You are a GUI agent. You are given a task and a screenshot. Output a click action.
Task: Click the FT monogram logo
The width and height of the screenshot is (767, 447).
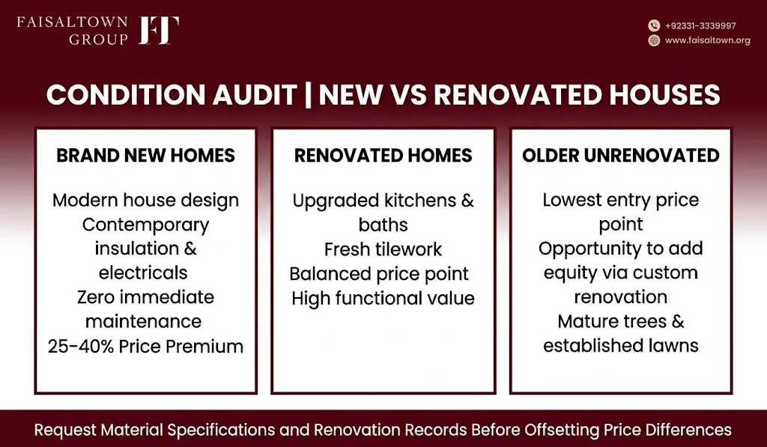[159, 30]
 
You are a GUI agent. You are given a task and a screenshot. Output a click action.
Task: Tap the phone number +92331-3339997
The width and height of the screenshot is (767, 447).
[700, 26]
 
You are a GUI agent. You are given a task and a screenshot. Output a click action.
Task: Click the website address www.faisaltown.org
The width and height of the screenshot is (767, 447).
[707, 40]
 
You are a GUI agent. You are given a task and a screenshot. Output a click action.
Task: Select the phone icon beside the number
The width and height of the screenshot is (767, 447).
[654, 25]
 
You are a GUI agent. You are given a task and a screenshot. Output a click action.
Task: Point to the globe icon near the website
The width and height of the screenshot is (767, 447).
[654, 40]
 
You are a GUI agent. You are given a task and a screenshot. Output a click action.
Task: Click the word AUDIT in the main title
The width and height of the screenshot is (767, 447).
[255, 94]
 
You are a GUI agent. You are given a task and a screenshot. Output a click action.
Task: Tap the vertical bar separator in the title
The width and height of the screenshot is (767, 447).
[308, 94]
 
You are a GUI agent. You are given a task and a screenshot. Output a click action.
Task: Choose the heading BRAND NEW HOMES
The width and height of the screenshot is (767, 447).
[146, 156]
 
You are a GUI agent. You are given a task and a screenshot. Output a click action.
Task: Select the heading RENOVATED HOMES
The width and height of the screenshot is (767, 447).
[383, 156]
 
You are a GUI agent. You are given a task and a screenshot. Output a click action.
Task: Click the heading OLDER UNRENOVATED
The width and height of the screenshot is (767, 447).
[621, 156]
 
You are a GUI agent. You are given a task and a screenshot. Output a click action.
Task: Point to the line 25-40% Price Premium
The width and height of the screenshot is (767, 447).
[146, 346]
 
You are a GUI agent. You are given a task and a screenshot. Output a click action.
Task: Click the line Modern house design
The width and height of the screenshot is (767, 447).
[146, 201]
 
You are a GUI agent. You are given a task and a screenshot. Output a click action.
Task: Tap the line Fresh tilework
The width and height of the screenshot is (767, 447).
[383, 249]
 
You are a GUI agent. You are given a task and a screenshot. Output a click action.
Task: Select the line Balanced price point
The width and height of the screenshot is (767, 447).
[379, 274]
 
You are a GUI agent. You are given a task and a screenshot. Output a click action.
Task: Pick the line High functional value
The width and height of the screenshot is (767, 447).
[383, 298]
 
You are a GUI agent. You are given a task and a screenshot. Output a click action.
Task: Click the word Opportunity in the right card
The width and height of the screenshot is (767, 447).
[590, 249]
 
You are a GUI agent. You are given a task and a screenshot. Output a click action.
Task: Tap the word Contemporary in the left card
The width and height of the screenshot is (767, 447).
[146, 225]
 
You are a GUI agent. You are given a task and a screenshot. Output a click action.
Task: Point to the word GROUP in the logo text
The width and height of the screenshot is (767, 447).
[98, 40]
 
